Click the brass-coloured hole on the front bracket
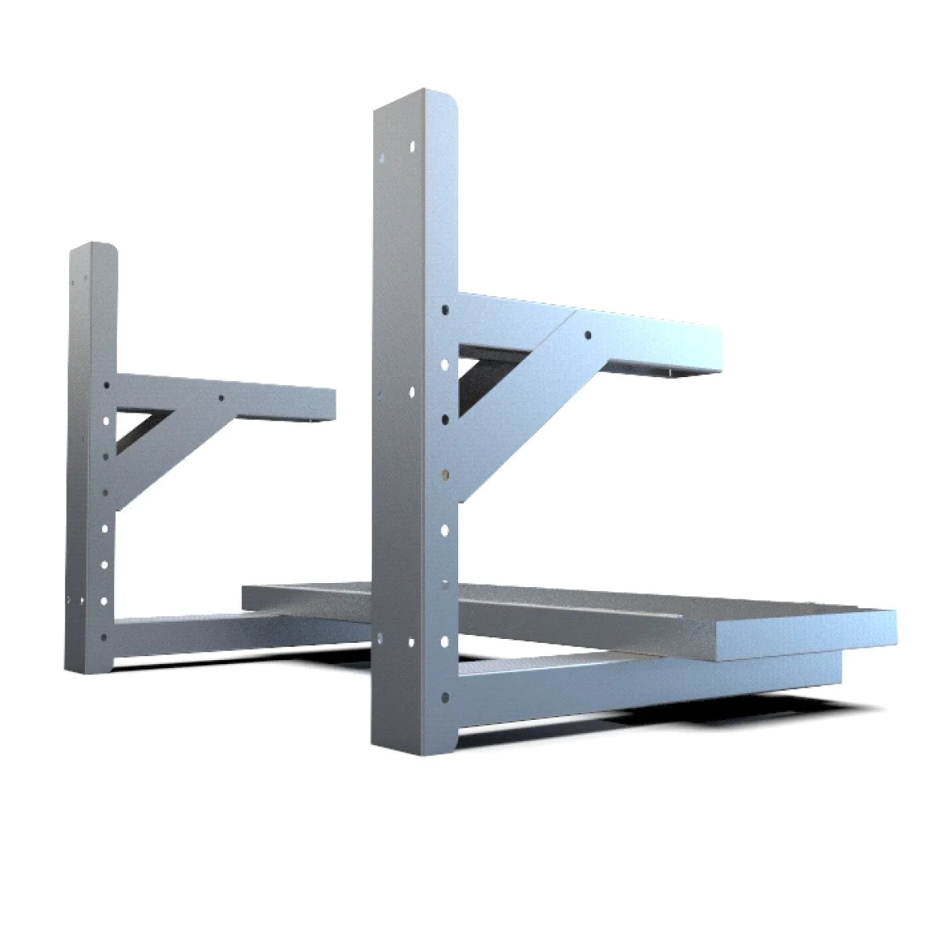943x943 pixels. (446, 474)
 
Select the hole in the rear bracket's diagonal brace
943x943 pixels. (222, 398)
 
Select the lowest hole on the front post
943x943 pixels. (446, 696)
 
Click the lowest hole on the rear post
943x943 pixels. (104, 637)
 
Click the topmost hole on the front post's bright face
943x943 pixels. (413, 146)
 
